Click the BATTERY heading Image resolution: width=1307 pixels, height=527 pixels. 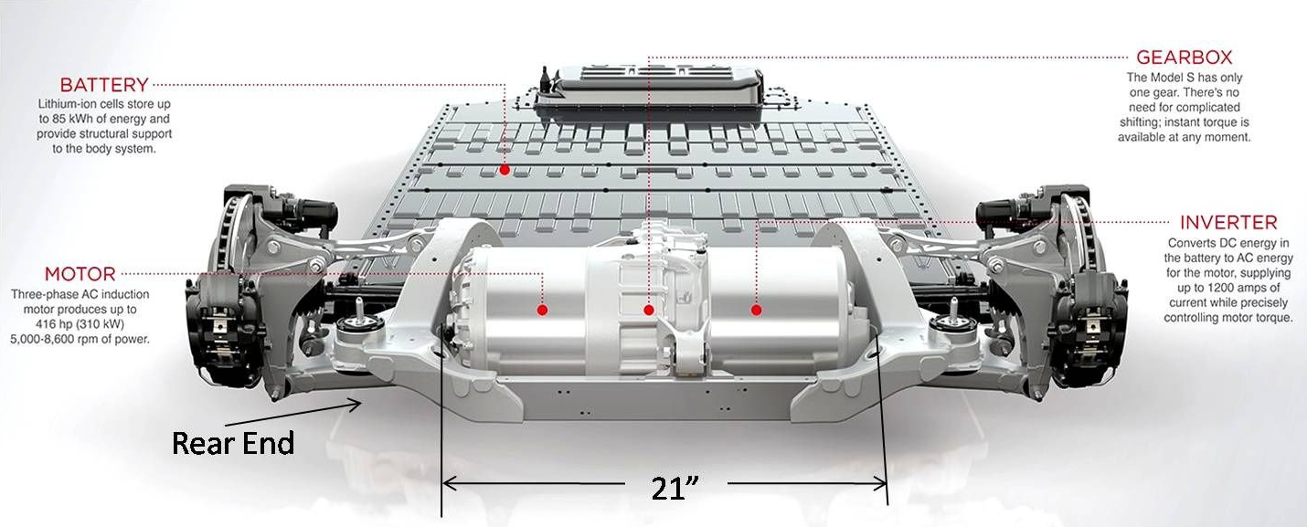tap(103, 85)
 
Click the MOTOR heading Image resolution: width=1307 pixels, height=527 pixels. tap(80, 274)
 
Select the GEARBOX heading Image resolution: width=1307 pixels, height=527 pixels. tap(1184, 57)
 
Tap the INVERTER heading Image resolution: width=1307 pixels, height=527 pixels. tap(1227, 223)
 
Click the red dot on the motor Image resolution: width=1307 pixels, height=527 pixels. tap(542, 311)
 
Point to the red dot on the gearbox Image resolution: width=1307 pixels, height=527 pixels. tap(648, 311)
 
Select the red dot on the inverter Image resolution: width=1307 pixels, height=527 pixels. tap(757, 311)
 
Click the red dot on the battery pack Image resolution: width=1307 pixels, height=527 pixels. tap(505, 171)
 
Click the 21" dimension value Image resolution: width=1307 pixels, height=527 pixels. tap(669, 487)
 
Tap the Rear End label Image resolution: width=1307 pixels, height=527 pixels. tap(233, 444)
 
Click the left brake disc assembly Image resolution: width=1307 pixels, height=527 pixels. tap(215, 301)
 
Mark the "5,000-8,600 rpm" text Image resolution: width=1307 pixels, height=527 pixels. tap(57, 339)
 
